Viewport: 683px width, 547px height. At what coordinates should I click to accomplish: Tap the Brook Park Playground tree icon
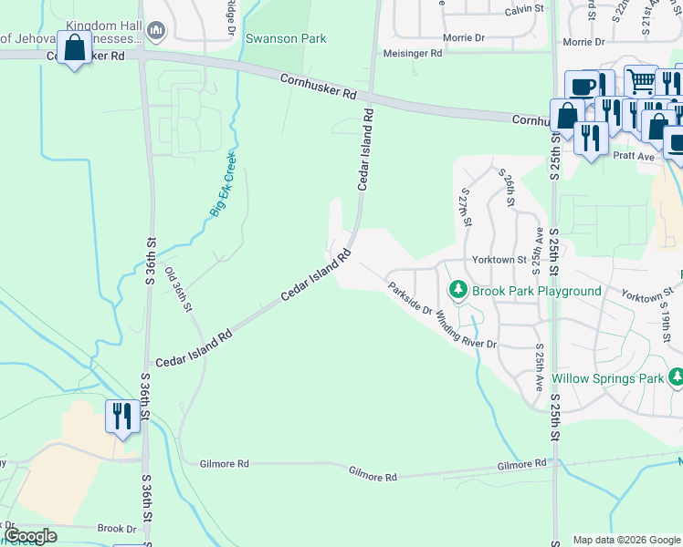click(457, 291)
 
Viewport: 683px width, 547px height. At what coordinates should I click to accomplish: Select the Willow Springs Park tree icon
click(676, 377)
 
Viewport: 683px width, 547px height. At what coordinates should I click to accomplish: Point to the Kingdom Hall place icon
click(155, 33)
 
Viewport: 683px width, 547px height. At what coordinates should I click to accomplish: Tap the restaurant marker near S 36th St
click(122, 417)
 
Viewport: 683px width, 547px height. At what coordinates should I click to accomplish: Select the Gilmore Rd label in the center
click(373, 477)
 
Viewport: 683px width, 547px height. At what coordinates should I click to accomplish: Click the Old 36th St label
click(178, 289)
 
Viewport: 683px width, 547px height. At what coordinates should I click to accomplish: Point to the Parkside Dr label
click(408, 297)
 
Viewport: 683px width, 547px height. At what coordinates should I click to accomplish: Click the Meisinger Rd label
click(413, 54)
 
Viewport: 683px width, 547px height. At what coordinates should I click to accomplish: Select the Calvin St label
click(524, 10)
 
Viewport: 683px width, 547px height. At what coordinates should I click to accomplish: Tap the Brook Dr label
click(116, 529)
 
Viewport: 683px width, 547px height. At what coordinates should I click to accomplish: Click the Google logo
click(31, 536)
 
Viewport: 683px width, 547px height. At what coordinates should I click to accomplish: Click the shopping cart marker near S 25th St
click(640, 81)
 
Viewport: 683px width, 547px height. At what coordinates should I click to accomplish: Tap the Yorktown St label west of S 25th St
click(499, 260)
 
